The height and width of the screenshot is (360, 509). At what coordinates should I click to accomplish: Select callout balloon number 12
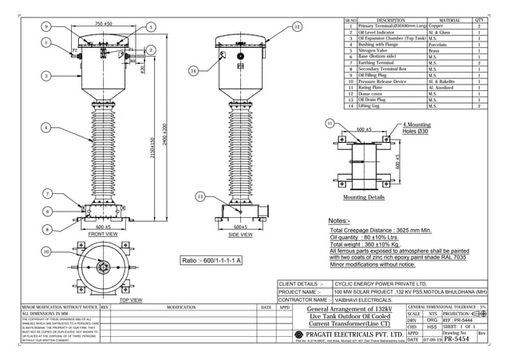pyautogui.click(x=297, y=26)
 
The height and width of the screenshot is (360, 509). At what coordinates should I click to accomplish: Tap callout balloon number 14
pyautogui.click(x=193, y=71)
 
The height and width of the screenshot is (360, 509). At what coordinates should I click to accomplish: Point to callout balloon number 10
pyautogui.click(x=47, y=251)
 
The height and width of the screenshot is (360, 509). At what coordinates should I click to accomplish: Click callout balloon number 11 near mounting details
pyautogui.click(x=329, y=124)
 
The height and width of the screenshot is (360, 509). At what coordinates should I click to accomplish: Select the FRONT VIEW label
pyautogui.click(x=103, y=235)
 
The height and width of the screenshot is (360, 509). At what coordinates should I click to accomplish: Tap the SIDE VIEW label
pyautogui.click(x=240, y=235)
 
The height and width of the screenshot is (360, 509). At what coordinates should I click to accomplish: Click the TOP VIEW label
pyautogui.click(x=130, y=301)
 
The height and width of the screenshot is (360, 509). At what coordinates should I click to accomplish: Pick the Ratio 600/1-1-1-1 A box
pyautogui.click(x=212, y=260)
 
